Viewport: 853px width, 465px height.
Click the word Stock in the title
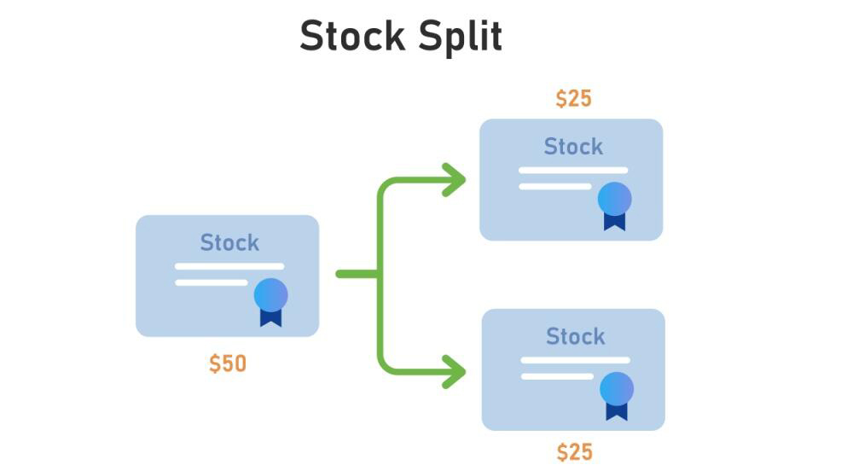click(x=351, y=37)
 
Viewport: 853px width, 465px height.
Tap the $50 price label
click(x=228, y=364)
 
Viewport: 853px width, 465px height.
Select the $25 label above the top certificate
click(x=573, y=99)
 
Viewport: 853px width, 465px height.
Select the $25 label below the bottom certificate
click(x=574, y=451)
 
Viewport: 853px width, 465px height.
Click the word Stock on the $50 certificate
click(x=229, y=243)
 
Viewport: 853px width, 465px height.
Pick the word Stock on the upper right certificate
click(x=573, y=147)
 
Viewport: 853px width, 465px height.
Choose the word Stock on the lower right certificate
click(x=575, y=336)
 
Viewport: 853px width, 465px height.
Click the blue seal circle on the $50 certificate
click(x=270, y=294)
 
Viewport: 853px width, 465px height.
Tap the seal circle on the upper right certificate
click(x=614, y=198)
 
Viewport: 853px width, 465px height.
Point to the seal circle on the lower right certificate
click(x=616, y=388)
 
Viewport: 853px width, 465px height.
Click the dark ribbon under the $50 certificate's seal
click(x=270, y=317)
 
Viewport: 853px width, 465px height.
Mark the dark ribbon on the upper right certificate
click(x=614, y=221)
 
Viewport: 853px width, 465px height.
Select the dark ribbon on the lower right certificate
click(x=616, y=411)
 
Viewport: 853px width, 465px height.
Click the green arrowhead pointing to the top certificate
click(x=456, y=180)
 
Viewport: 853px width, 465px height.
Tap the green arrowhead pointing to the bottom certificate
click(x=456, y=371)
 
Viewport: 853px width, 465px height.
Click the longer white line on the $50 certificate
click(x=229, y=266)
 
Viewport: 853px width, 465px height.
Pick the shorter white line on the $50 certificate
click(x=212, y=282)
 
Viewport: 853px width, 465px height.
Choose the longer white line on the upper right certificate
click(x=573, y=170)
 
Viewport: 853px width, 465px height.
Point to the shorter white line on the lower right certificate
click(x=557, y=376)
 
